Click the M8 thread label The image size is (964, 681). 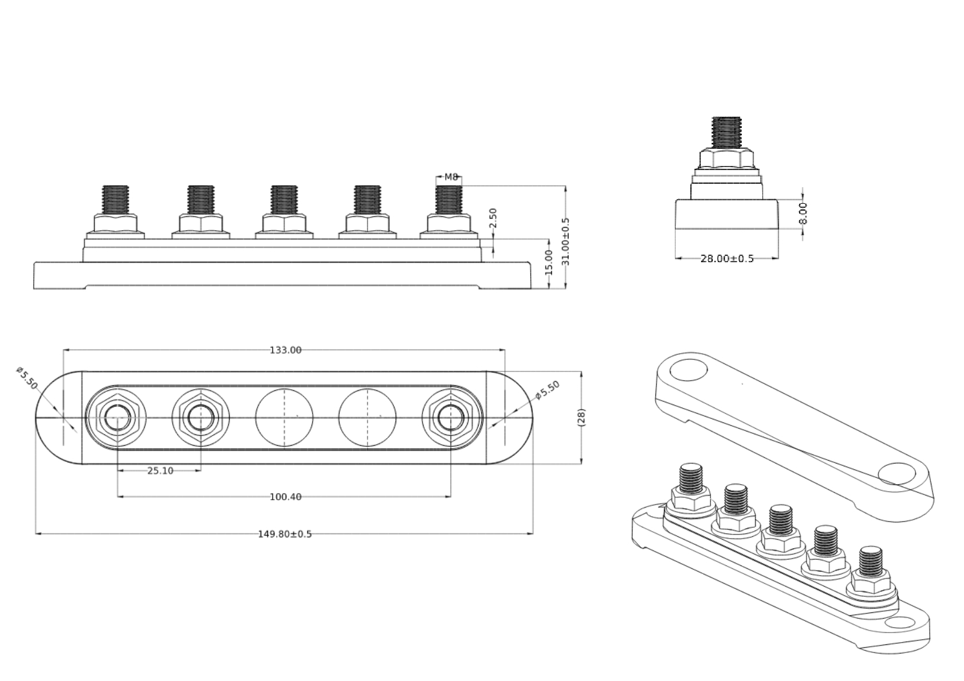point(451,177)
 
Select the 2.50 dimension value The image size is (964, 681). point(493,217)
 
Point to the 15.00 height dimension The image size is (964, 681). point(549,262)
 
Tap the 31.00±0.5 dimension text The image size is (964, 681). point(566,241)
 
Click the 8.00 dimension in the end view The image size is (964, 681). point(803,213)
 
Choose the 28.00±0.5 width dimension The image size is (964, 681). point(727,259)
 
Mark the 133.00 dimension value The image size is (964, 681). point(285,350)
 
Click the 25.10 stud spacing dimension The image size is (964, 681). point(160,471)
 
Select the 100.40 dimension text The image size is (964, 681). point(285,497)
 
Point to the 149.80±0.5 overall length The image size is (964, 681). point(285,534)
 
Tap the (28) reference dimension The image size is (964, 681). point(582,417)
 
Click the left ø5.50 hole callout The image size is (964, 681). point(27,378)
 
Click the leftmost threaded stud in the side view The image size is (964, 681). point(116,199)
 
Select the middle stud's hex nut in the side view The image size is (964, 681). point(284,223)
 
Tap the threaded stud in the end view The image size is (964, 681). point(726,133)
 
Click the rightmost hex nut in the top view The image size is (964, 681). point(451,417)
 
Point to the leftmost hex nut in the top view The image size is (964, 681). point(117,417)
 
